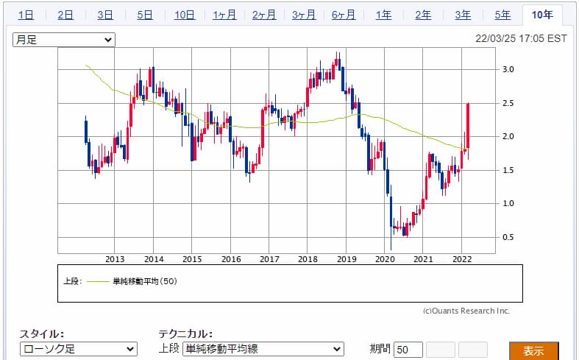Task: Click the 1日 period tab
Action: point(26,15)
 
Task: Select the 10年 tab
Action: point(542,15)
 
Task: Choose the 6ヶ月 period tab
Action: point(344,15)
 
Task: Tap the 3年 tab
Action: point(463,15)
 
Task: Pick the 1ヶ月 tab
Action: point(224,15)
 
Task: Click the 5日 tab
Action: point(145,15)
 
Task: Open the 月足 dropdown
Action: point(64,40)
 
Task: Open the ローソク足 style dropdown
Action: point(78,350)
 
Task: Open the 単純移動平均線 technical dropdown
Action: point(263,350)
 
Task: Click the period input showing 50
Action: point(408,350)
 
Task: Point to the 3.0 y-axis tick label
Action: point(508,70)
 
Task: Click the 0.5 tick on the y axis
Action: point(508,237)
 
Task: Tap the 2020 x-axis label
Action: point(384,259)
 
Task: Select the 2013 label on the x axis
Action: point(115,259)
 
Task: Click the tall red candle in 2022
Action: point(468,129)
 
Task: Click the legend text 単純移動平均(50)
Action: point(144,280)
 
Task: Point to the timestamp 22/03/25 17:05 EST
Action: point(521,40)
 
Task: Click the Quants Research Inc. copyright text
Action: point(466,311)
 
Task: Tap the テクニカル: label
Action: point(185,333)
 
